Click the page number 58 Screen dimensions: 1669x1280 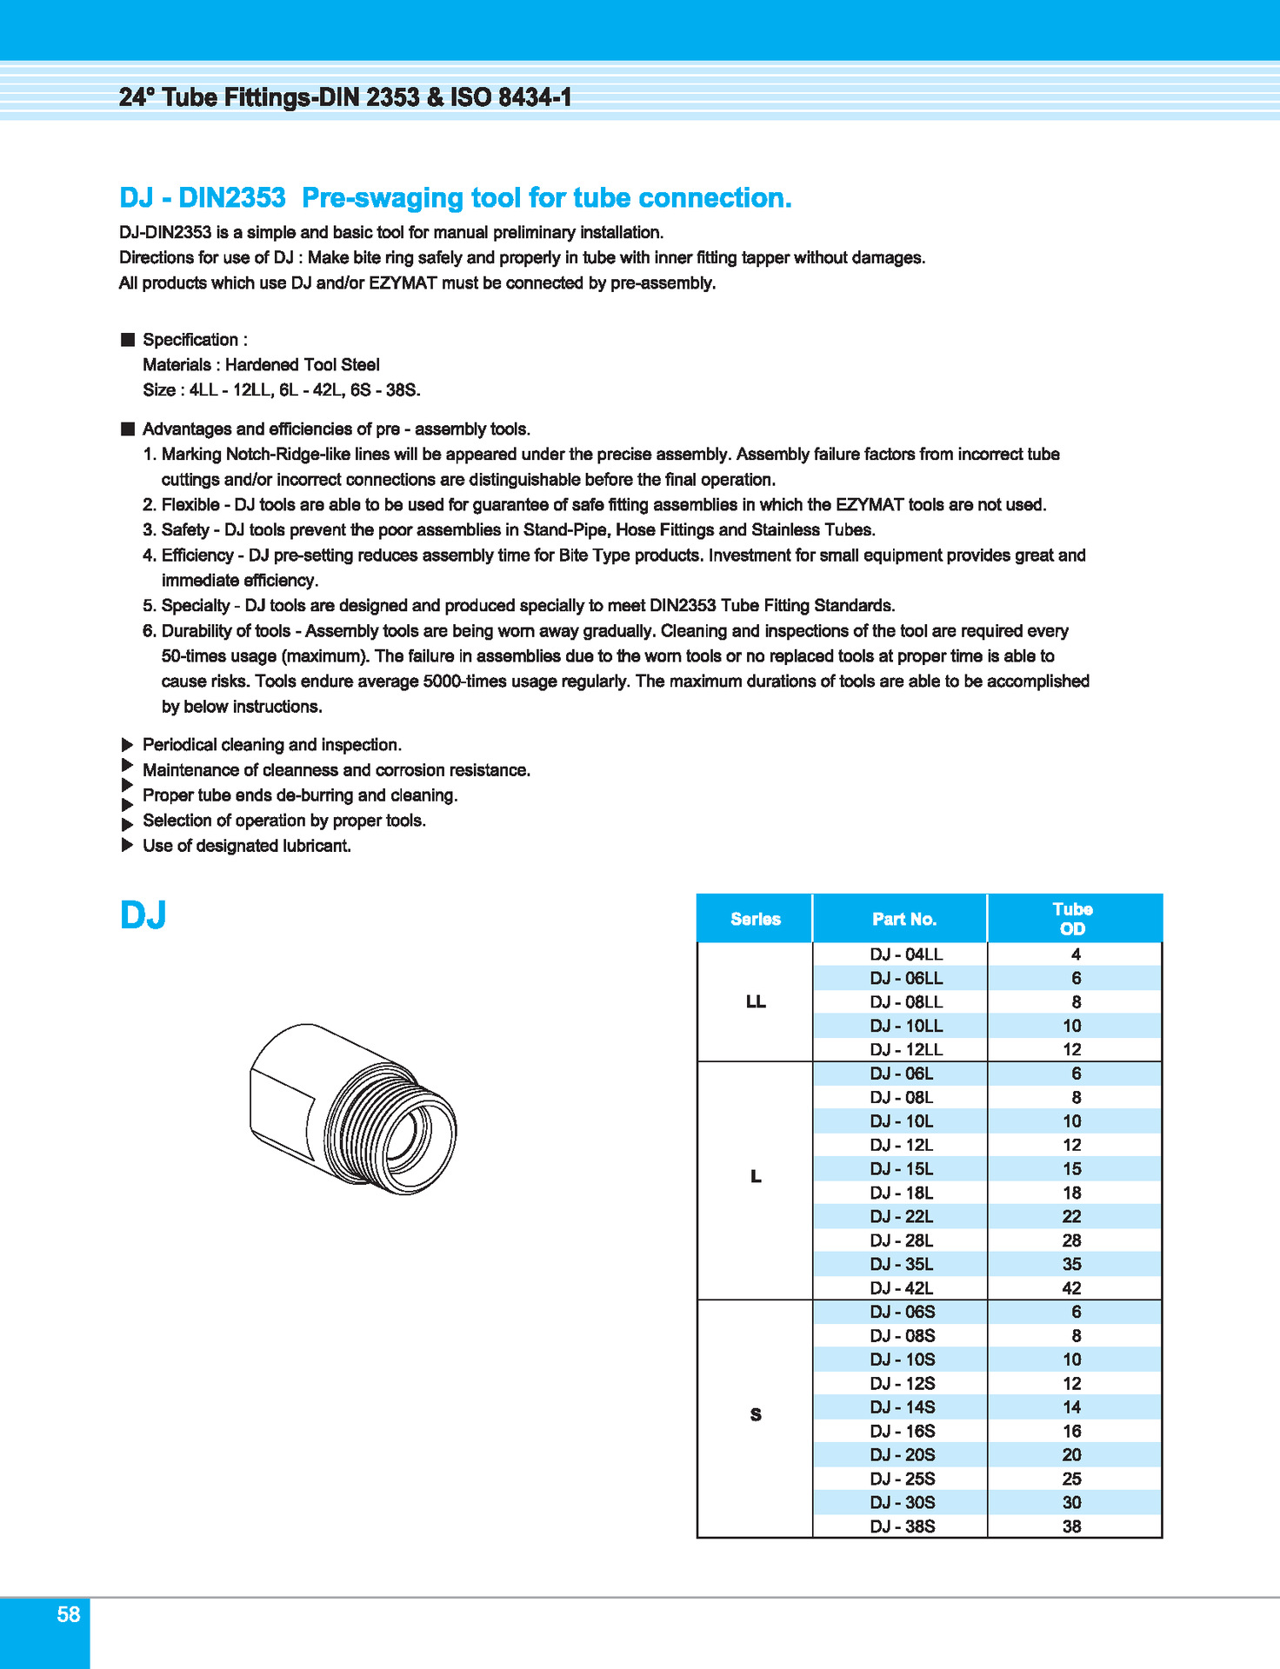click(69, 1614)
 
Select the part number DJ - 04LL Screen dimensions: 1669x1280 click(906, 954)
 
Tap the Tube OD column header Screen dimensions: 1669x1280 click(1072, 919)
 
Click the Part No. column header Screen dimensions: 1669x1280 click(904, 919)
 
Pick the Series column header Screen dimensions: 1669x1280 click(756, 919)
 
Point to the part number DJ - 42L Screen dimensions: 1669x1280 click(902, 1288)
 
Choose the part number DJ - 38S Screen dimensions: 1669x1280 click(903, 1526)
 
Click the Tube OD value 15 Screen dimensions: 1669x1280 click(1072, 1169)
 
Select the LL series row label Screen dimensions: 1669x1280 click(756, 1002)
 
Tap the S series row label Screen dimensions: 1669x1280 click(756, 1415)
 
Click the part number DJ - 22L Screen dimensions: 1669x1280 click(902, 1217)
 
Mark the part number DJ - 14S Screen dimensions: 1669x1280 click(903, 1407)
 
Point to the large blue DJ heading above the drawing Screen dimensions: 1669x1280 click(143, 915)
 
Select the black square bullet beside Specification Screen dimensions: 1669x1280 click(128, 339)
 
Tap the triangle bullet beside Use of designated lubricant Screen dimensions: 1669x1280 click(127, 845)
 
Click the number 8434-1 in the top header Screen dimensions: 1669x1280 click(536, 97)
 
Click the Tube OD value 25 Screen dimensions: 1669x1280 click(1072, 1479)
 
